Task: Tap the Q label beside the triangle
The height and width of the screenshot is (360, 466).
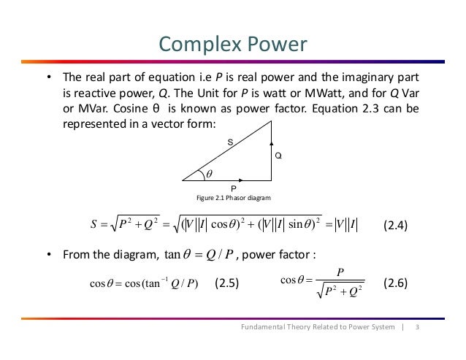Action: [278, 156]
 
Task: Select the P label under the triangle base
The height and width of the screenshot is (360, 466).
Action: [233, 187]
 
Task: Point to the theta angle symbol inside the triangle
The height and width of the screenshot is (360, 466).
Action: [208, 174]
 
